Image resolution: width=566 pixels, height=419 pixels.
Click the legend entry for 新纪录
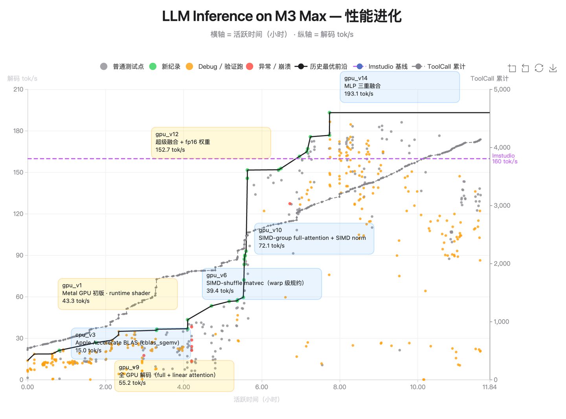point(165,67)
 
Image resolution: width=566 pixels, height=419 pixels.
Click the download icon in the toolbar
point(553,68)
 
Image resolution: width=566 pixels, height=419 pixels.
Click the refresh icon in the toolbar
point(539,68)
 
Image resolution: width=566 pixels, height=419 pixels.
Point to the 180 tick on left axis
point(18,131)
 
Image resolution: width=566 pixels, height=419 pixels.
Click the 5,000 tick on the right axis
point(502,90)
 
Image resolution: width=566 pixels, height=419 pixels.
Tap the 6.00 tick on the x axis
point(261,387)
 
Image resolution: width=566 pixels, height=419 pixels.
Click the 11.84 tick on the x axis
point(489,387)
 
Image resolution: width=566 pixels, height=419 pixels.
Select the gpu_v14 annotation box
point(399,86)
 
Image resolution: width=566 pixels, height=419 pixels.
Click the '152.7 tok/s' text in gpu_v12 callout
point(170,150)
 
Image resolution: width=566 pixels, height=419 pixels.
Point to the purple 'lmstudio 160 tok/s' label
point(504,159)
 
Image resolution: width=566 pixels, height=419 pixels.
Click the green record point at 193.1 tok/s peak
point(329,113)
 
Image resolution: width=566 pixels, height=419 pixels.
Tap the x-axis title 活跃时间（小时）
point(257,400)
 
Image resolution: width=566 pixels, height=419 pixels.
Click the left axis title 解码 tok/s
point(22,79)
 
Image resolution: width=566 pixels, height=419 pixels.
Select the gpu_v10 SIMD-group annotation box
point(314,238)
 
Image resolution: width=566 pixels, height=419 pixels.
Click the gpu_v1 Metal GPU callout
point(118,294)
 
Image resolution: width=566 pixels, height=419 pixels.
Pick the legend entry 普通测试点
point(122,67)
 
